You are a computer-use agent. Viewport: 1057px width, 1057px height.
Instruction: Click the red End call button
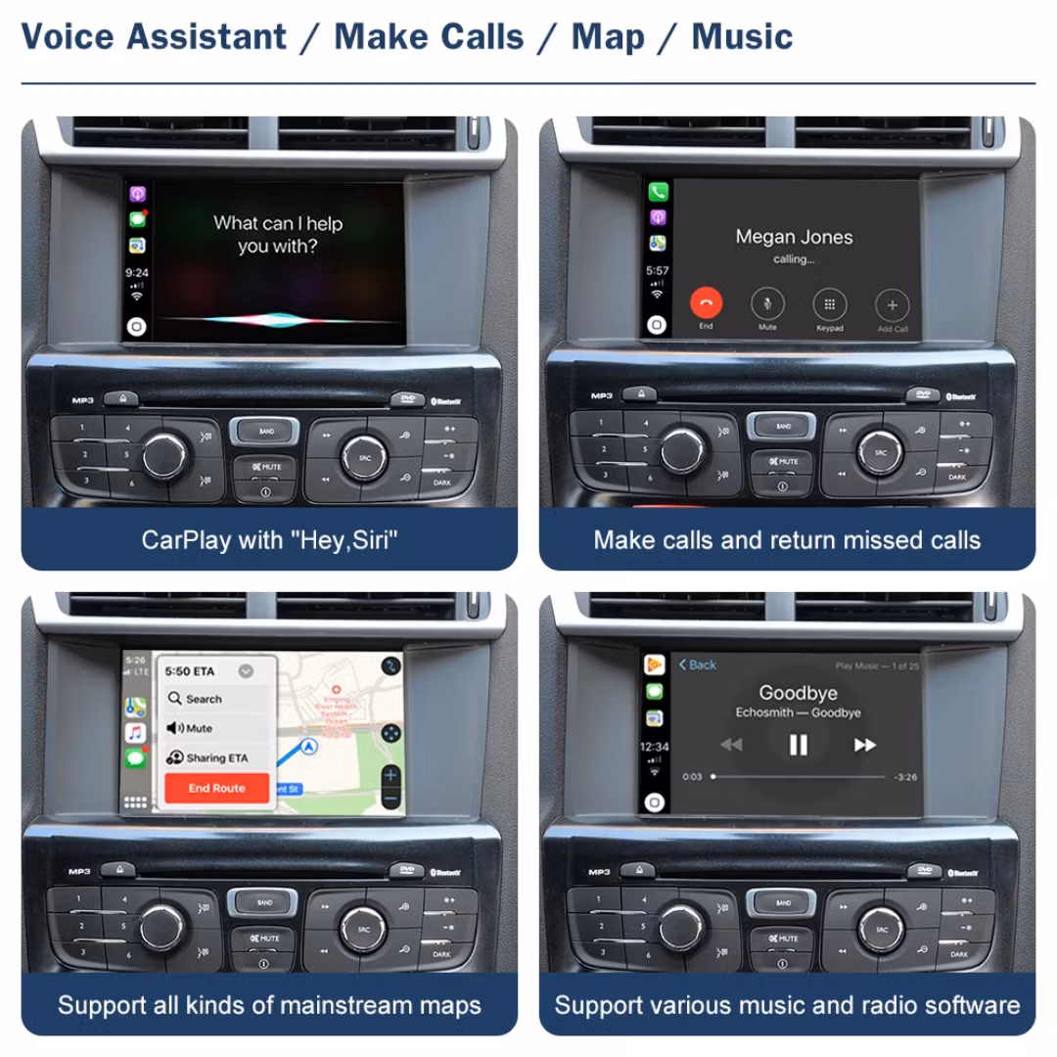coord(706,303)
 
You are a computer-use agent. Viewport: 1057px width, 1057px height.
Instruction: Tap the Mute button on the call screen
coord(767,303)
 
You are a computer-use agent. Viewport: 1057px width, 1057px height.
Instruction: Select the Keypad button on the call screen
coord(829,303)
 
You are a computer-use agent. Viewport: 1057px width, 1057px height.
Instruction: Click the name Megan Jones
coord(794,237)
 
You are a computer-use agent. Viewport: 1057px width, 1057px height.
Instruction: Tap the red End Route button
coord(216,788)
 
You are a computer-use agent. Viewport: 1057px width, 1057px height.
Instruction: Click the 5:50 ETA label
coord(190,671)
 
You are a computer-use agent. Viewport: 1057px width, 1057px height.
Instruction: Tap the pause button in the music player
coord(799,746)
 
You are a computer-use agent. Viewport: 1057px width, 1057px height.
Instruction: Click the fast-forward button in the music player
coord(864,746)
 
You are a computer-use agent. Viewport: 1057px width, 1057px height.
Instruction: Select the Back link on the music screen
coord(698,665)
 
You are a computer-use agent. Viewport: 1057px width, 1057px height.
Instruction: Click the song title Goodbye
coord(798,693)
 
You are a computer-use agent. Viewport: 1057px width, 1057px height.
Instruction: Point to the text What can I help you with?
coord(278,235)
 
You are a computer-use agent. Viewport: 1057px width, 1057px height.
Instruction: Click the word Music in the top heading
coord(742,37)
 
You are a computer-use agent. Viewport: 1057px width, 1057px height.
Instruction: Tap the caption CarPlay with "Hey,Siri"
coord(269,540)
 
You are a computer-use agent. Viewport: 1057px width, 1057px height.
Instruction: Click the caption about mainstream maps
coord(269,1005)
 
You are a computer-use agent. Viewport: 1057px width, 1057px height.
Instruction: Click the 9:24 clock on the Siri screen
coord(137,273)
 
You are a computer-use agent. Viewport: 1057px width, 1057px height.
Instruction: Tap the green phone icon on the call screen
coord(658,192)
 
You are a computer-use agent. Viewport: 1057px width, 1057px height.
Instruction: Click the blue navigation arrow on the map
coord(310,747)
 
